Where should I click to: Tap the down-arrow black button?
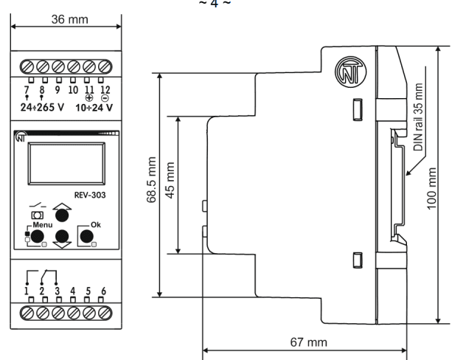[x=63, y=237]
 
